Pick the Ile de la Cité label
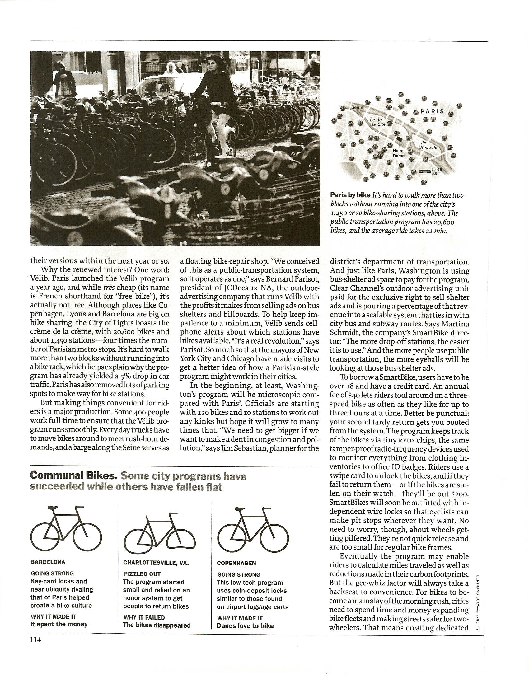coord(378,122)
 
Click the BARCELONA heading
coord(48,562)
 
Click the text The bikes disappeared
coord(157,625)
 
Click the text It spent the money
coord(59,624)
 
